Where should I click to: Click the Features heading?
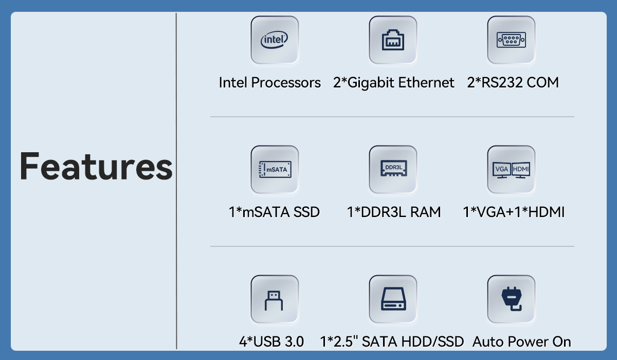click(96, 166)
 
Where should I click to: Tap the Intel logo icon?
click(275, 40)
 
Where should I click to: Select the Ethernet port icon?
click(393, 40)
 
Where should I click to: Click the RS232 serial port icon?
click(511, 40)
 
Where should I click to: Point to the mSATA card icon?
click(275, 169)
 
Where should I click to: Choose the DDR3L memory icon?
click(393, 168)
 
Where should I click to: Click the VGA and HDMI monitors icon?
click(511, 170)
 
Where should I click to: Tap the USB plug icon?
click(274, 300)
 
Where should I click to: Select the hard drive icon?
click(393, 299)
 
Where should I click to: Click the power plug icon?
click(511, 299)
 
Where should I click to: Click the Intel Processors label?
click(269, 83)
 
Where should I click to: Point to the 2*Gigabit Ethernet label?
click(394, 83)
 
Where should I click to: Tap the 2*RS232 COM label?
click(513, 82)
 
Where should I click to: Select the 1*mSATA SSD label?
click(274, 212)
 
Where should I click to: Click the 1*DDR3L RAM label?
click(394, 212)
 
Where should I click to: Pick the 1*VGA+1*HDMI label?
click(514, 212)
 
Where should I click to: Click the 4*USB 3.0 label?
click(271, 341)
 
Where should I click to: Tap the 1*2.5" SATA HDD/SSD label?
click(392, 341)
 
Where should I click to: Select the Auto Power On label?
click(522, 341)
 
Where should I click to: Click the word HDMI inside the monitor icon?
click(520, 169)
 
